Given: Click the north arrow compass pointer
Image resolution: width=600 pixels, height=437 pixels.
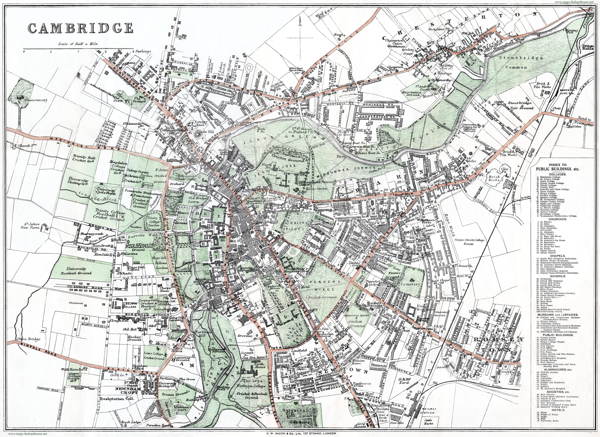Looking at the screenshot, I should point(300,25).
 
